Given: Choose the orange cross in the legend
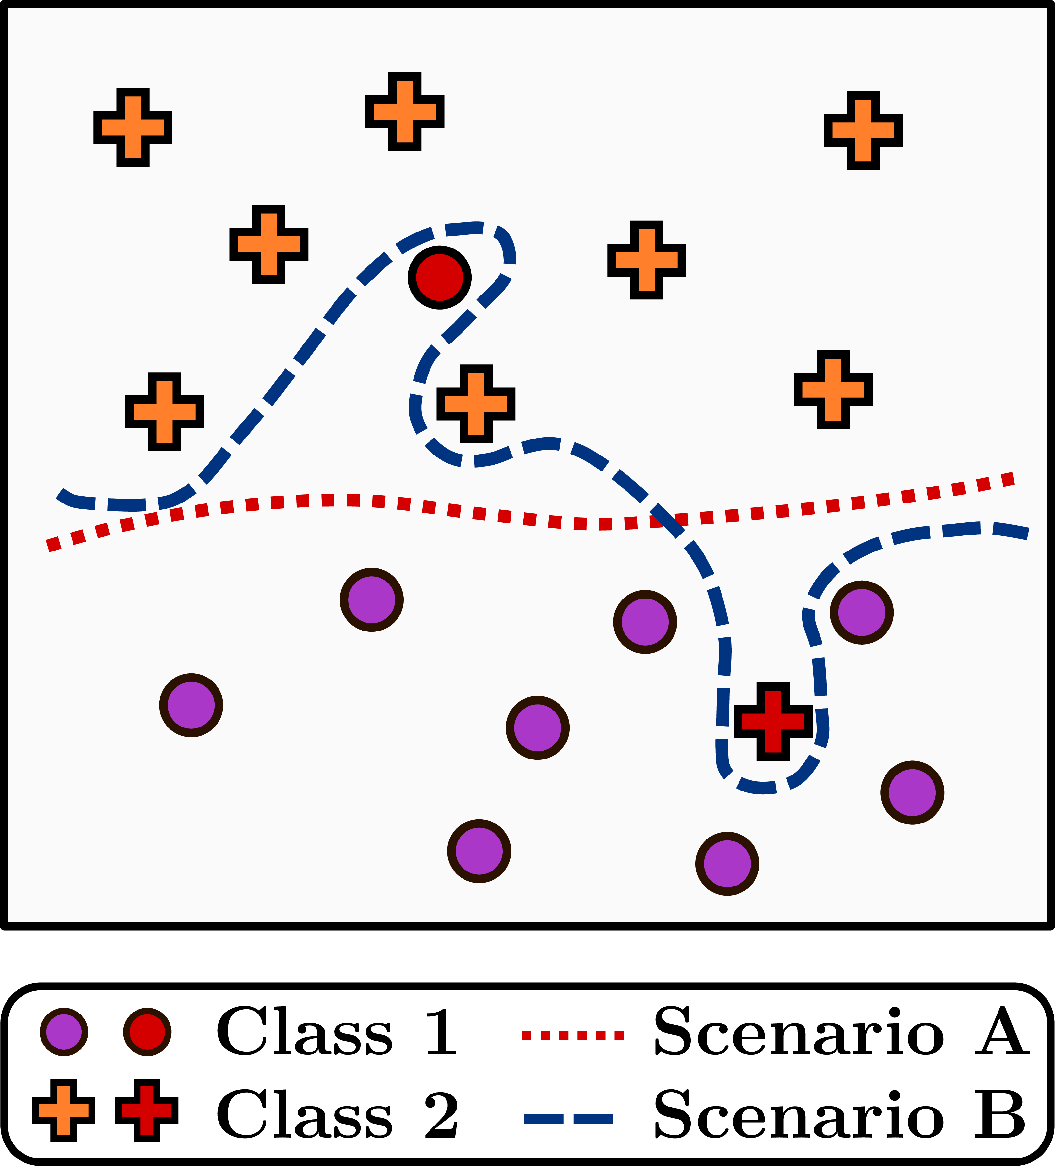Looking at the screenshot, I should click(64, 1110).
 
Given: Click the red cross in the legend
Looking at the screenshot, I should click(147, 1110).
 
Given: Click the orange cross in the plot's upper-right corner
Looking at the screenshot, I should click(863, 130).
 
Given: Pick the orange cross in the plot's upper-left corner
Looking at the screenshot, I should click(133, 127).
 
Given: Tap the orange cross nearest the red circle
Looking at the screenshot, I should click(476, 403).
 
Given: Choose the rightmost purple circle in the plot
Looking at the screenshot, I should click(912, 792).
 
